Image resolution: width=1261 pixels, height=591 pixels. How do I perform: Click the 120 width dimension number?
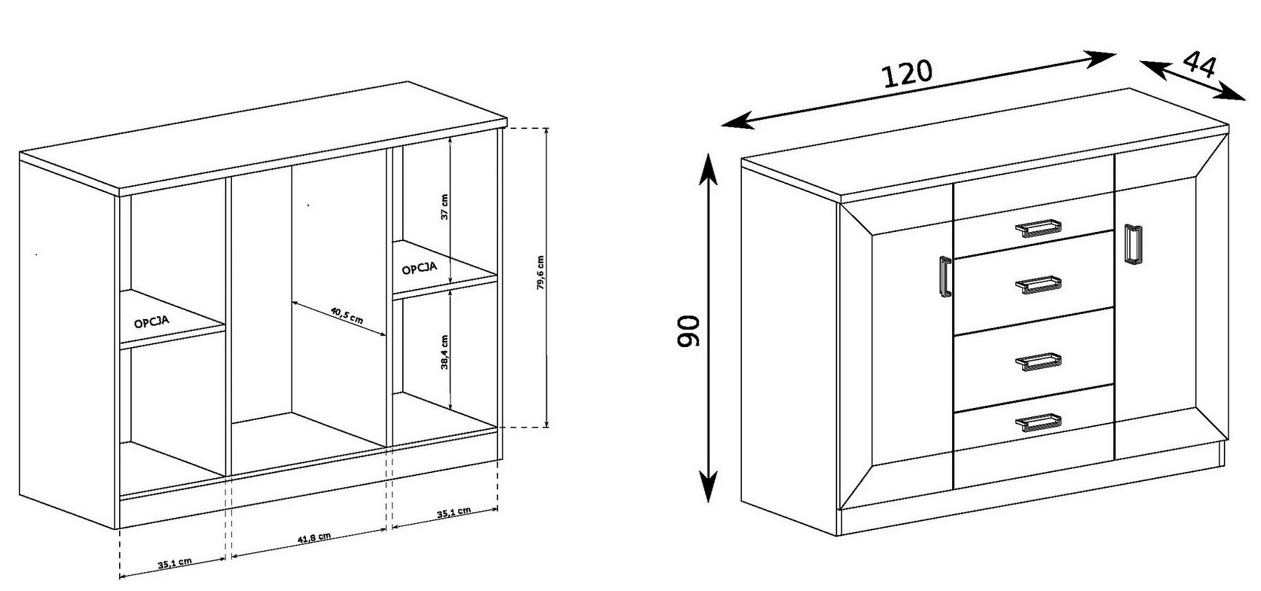point(907,74)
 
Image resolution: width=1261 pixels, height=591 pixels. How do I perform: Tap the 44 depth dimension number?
point(1199,64)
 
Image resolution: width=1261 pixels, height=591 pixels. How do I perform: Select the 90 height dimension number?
point(689,332)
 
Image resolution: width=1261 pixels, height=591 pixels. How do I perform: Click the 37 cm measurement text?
point(444,207)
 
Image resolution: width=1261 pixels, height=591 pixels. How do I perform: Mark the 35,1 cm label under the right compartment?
point(454,512)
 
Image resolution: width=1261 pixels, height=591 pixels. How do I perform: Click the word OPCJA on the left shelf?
point(151,322)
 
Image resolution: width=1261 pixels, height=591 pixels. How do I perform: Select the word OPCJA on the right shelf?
point(420,267)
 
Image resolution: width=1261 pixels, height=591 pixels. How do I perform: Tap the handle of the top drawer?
point(1038,228)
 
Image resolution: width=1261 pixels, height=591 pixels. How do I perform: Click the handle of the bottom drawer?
point(1038,422)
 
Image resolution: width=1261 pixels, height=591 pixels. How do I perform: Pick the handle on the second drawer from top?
point(1038,285)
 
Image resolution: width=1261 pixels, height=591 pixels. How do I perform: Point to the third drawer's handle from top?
point(1038,361)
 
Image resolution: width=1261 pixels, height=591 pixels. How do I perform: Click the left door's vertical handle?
point(944,276)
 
